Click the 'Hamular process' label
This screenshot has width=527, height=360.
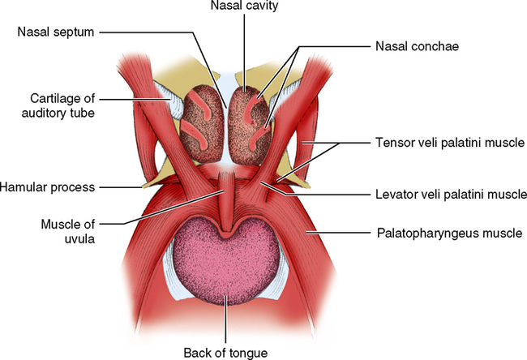click(x=47, y=187)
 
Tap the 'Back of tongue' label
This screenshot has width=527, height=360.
click(x=225, y=351)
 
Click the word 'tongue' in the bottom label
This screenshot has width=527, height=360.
click(x=246, y=351)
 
